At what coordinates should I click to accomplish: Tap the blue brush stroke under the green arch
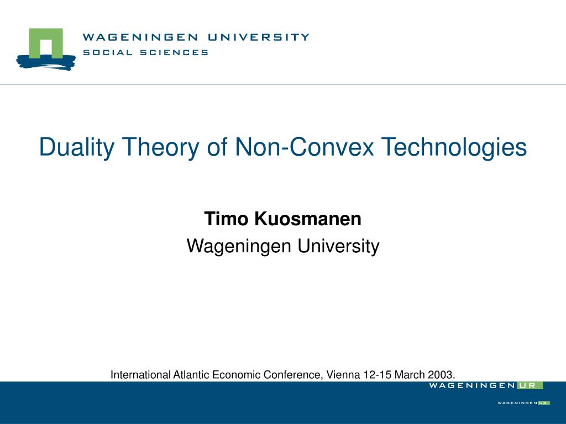pyautogui.click(x=46, y=62)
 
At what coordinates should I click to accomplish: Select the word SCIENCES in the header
pyautogui.click(x=174, y=52)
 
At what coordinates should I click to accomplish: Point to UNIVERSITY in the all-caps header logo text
pyautogui.click(x=259, y=37)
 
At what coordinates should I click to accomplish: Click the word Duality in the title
pyautogui.click(x=76, y=147)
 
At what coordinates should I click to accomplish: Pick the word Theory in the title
pyautogui.click(x=161, y=147)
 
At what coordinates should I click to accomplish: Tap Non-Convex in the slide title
pyautogui.click(x=305, y=146)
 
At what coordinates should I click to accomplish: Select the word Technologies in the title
pyautogui.click(x=454, y=147)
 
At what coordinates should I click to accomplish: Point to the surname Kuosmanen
pyautogui.click(x=308, y=219)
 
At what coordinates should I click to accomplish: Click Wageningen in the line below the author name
pyautogui.click(x=239, y=247)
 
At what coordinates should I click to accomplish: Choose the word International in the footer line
pyautogui.click(x=140, y=375)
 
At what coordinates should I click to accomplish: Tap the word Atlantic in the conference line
pyautogui.click(x=191, y=375)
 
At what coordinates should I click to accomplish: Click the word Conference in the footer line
pyautogui.click(x=292, y=375)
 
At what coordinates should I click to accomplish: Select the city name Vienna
pyautogui.click(x=343, y=375)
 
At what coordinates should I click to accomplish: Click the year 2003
pyautogui.click(x=441, y=375)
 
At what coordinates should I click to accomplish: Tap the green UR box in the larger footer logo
pyautogui.click(x=530, y=385)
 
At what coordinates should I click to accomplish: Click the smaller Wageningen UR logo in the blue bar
pyautogui.click(x=523, y=402)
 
